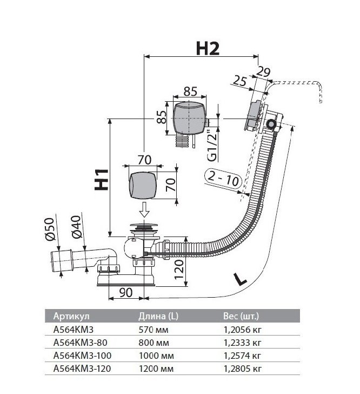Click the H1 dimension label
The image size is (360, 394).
pyautogui.click(x=102, y=180)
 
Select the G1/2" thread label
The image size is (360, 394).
pyautogui.click(x=212, y=145)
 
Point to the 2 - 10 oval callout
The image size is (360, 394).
pyautogui.click(x=223, y=179)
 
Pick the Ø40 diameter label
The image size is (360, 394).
pyautogui.click(x=76, y=227)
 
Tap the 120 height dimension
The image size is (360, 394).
pyautogui.click(x=179, y=270)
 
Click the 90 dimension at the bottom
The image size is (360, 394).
pyautogui.click(x=126, y=292)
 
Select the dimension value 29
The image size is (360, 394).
pyautogui.click(x=263, y=72)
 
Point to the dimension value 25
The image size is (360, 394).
pyautogui.click(x=240, y=81)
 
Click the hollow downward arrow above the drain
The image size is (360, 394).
pyautogui.click(x=144, y=210)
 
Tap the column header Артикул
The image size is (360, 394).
pyautogui.click(x=71, y=316)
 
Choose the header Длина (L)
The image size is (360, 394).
pyautogui.click(x=158, y=316)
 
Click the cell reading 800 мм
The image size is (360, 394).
pyautogui.click(x=154, y=343)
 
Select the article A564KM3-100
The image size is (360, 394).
pyautogui.click(x=82, y=356)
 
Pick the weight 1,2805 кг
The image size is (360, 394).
pyautogui.click(x=243, y=369)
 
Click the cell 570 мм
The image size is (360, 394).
pyautogui.click(x=154, y=330)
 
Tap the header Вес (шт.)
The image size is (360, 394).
pyautogui.click(x=241, y=316)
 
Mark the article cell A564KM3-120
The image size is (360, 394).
pyautogui.click(x=82, y=369)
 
